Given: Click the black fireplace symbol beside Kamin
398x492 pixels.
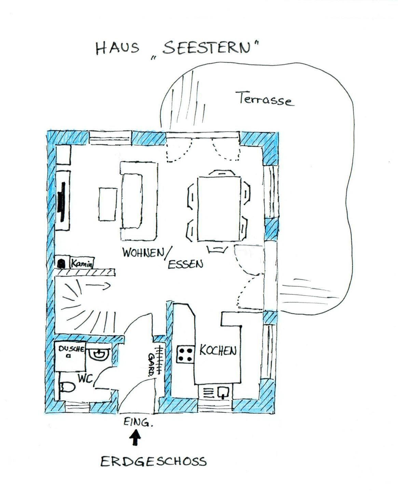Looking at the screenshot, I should point(61,263).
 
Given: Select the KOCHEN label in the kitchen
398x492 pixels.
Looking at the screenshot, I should point(218,351).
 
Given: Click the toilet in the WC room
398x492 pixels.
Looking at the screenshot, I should point(67,387).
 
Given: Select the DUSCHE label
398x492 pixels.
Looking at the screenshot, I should point(71,349).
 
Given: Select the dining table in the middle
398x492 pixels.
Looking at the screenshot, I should point(219,208).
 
